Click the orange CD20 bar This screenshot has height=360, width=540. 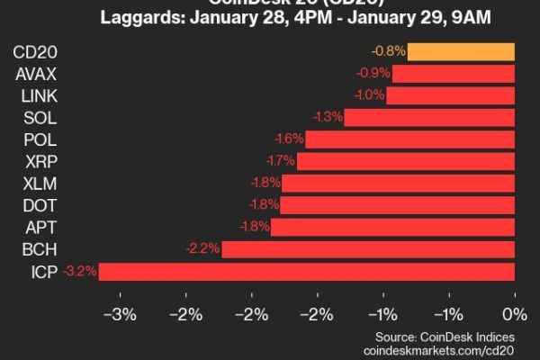(461, 51)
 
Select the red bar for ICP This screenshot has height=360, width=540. (306, 271)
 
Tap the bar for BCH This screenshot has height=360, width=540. (368, 248)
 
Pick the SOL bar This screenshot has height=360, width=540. (429, 117)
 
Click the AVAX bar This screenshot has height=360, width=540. (454, 73)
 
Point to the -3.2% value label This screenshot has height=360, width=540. (80, 271)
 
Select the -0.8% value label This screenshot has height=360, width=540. (388, 51)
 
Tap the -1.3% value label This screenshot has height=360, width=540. (327, 117)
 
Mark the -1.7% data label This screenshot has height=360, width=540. (279, 161)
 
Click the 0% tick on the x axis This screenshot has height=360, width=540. (515, 314)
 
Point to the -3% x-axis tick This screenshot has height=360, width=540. (121, 314)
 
